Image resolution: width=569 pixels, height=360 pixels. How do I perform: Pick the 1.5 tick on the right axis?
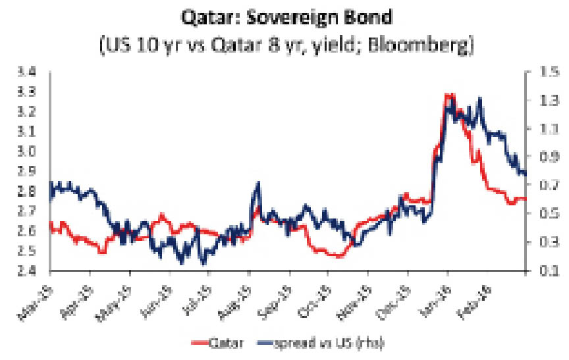pyautogui.click(x=540, y=72)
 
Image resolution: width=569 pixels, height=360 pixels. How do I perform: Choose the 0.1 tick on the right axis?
pyautogui.click(x=540, y=270)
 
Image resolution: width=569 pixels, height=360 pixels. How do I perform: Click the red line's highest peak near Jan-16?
pyautogui.click(x=448, y=95)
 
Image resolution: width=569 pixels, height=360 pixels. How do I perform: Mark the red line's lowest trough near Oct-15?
pyautogui.click(x=338, y=256)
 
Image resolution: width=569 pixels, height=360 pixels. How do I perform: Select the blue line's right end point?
pyautogui.click(x=525, y=174)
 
